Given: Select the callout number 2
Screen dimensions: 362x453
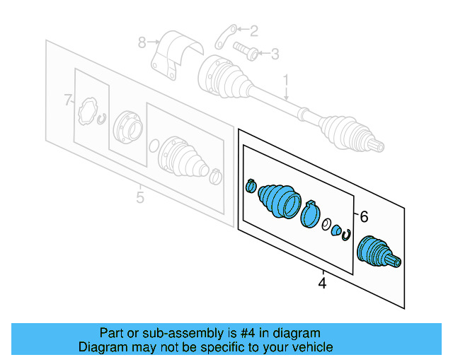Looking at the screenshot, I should coord(255,30).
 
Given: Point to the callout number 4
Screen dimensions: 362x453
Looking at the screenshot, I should coord(322,284).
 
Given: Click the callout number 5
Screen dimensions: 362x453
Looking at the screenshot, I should coord(139,197).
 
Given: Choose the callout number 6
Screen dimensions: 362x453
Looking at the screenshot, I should coord(365,216).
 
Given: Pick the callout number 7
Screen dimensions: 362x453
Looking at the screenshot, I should coord(68,100).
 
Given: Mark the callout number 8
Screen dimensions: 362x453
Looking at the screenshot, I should coord(142,42).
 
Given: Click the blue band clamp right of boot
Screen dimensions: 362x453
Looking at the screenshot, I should coord(309,214).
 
